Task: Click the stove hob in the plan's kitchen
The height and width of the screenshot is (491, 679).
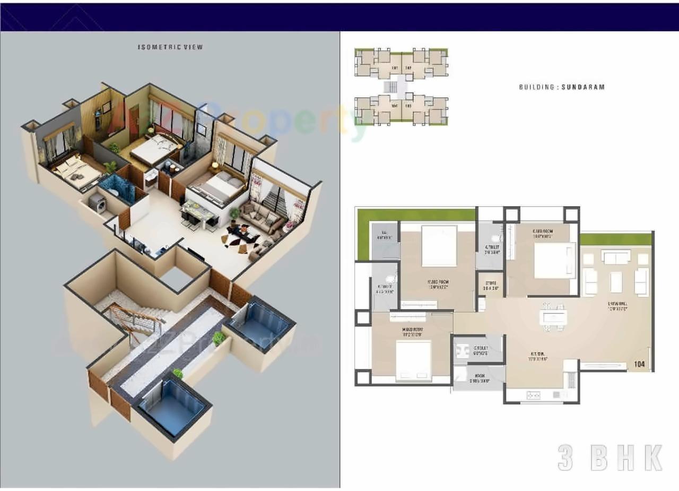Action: (533, 395)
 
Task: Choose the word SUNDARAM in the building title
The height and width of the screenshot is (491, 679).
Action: (584, 87)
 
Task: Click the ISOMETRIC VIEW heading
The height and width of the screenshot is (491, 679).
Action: (170, 47)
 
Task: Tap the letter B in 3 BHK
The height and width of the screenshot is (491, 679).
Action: (598, 458)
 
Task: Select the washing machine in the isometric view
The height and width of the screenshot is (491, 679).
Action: (97, 203)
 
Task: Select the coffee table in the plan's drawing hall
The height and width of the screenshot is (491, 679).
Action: (616, 282)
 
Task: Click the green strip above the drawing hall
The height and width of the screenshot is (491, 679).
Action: (615, 239)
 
